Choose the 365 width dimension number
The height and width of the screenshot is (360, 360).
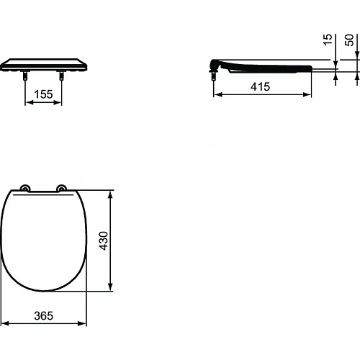point(45,315)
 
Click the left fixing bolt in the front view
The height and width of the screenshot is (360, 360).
point(27,74)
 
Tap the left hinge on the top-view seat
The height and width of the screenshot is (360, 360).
point(27,189)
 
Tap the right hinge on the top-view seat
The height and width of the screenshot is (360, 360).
point(62,189)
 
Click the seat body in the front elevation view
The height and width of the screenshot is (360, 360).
point(44,64)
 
